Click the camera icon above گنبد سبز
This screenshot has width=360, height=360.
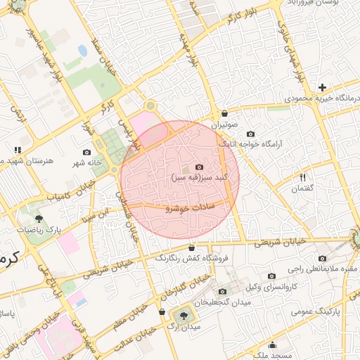pyautogui.click(x=199, y=167)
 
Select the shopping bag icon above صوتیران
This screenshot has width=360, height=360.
pyautogui.click(x=224, y=113)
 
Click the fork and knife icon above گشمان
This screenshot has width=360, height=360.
pyautogui.click(x=303, y=177)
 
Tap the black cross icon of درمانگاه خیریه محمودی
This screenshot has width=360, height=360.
pyautogui.click(x=322, y=87)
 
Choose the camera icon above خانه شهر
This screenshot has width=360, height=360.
pyautogui.click(x=87, y=152)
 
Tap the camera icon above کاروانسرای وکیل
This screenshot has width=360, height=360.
pyautogui.click(x=271, y=276)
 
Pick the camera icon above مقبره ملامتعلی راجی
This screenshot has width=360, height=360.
pyautogui.click(x=322, y=258)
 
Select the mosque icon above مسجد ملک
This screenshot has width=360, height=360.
pyautogui.click(x=272, y=335)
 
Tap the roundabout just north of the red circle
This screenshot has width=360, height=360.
pyautogui.click(x=149, y=105)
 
